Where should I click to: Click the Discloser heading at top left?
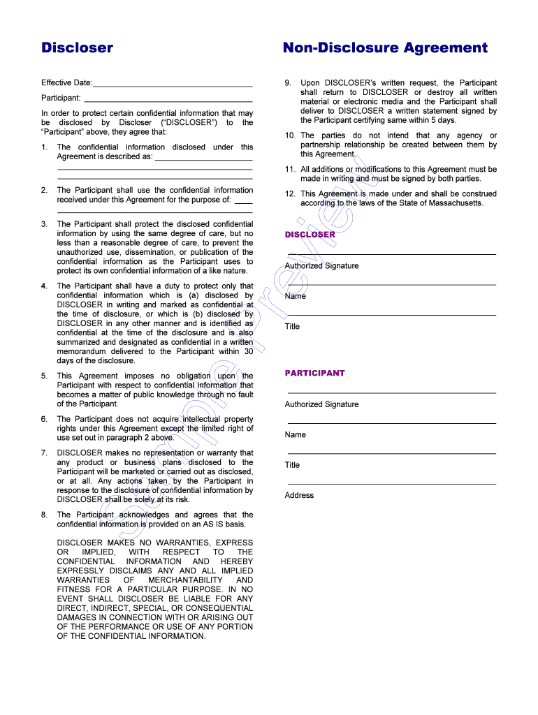pos(77,47)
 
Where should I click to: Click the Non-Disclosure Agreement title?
pos(385,47)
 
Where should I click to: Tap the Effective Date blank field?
pos(173,84)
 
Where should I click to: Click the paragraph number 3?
pos(44,224)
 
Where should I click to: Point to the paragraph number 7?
pos(44,453)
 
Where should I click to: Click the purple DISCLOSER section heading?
pos(310,235)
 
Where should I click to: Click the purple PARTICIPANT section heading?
pos(314,373)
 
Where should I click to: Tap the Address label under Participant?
pos(299,496)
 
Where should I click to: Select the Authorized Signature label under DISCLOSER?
pos(321,266)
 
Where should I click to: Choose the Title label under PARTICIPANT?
pos(292,465)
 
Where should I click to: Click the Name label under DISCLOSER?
pos(295,296)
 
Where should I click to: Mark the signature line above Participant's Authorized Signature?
pos(391,393)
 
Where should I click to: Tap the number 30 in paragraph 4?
pos(248,352)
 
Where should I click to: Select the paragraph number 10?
pos(289,135)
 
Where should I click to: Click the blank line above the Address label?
pos(391,484)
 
